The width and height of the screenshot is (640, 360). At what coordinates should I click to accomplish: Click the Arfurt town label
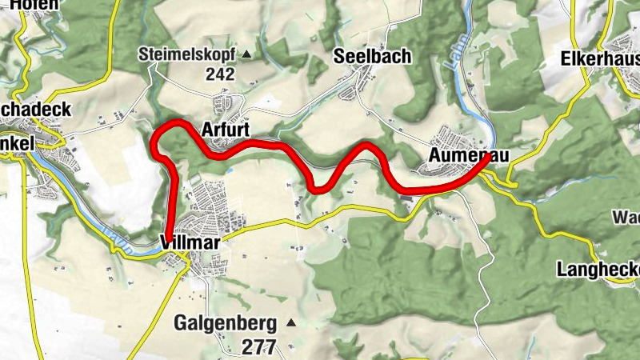pyautogui.click(x=226, y=130)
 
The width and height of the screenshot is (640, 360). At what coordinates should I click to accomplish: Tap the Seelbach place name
pyautogui.click(x=372, y=56)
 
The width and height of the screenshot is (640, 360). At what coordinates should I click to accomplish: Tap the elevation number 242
pyautogui.click(x=219, y=74)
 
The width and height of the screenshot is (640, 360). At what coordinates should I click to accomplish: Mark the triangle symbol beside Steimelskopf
pyautogui.click(x=246, y=55)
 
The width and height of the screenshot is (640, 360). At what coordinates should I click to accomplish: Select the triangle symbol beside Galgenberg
pyautogui.click(x=290, y=323)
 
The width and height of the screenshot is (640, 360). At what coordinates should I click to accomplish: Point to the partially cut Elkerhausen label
pyautogui.click(x=600, y=58)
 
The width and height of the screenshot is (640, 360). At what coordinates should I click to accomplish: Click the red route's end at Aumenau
pyautogui.click(x=489, y=157)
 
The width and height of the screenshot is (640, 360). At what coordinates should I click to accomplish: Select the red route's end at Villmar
pyautogui.click(x=170, y=232)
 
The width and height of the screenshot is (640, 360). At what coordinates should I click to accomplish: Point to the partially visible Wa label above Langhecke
pyautogui.click(x=626, y=218)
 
